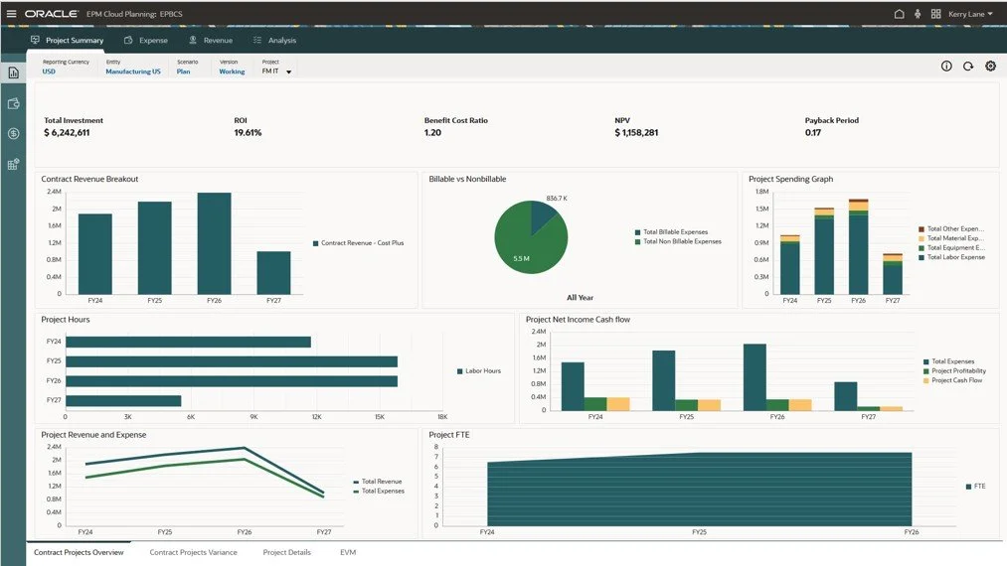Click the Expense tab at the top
[x=146, y=41]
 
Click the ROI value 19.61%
[x=248, y=132]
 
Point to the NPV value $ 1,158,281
[x=636, y=132]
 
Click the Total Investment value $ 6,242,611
[x=67, y=132]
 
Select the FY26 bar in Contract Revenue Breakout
[x=214, y=243]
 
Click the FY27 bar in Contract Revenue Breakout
[x=273, y=272]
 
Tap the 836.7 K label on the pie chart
[x=557, y=199]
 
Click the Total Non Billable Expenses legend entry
[x=681, y=241]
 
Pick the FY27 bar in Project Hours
[x=123, y=400]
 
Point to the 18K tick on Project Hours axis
[x=442, y=417]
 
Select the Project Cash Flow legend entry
[x=956, y=380]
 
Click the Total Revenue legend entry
[x=382, y=482]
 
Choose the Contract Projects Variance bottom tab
[x=193, y=552]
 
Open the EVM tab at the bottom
[x=348, y=552]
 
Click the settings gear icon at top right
[x=990, y=67]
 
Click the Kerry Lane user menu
[x=970, y=14]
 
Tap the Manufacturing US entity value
[x=133, y=71]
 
